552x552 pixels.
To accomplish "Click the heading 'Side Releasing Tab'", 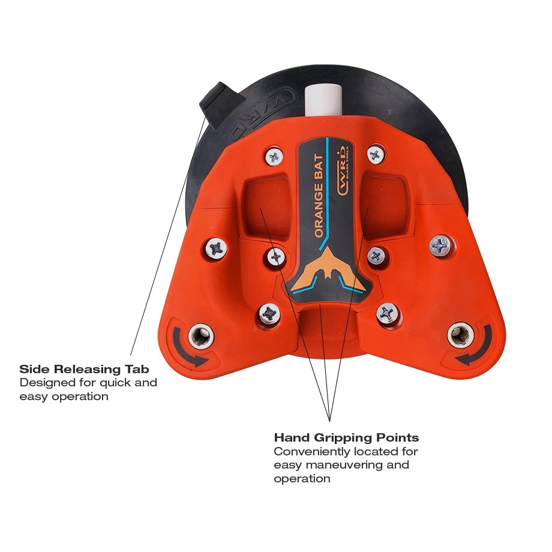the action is (x=84, y=369).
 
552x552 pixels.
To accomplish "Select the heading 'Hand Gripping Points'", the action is (x=346, y=437).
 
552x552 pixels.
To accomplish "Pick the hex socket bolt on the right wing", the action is (x=460, y=335).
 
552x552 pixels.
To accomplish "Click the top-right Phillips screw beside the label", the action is (x=375, y=155).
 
